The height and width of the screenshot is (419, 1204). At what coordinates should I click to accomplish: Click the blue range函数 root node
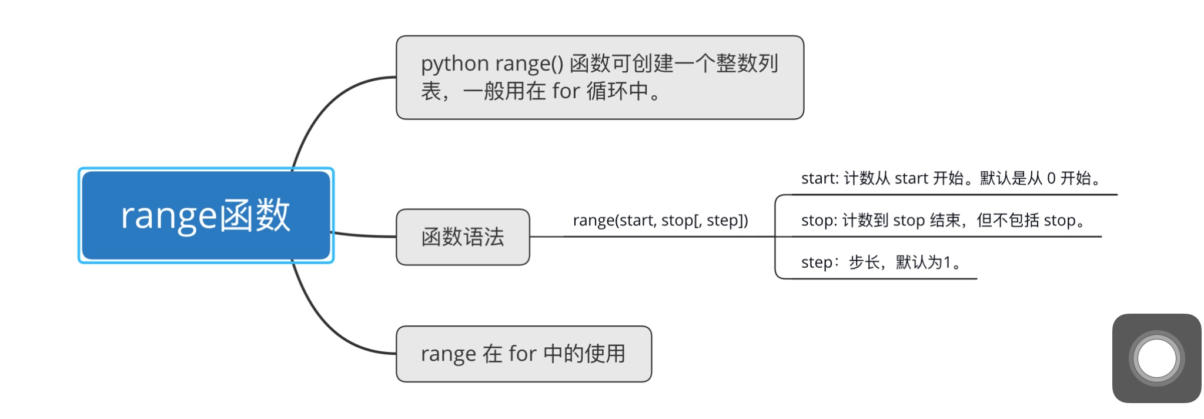pos(206,215)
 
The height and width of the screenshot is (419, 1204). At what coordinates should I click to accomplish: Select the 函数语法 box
pos(463,237)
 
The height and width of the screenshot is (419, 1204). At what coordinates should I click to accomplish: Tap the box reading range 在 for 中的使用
pos(523,354)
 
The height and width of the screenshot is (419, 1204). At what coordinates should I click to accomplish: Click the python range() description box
pos(600,78)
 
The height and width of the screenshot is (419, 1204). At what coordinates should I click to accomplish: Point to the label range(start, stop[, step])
pos(660,221)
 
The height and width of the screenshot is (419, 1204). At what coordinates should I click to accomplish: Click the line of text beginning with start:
pos(951,178)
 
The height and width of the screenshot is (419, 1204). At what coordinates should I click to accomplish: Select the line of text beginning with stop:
pos(943,221)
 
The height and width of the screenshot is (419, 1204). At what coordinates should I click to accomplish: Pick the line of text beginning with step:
pos(882,262)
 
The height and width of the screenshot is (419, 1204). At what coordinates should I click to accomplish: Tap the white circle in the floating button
pos(1156,358)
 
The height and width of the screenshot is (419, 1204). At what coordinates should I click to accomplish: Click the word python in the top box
pos(454,64)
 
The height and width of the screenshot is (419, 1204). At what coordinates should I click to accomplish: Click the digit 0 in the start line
pos(1051,178)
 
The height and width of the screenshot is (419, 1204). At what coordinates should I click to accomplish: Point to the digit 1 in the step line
pos(947,262)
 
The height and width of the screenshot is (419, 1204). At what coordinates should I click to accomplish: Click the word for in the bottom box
pos(522,354)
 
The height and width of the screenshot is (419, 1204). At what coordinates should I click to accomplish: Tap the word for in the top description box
pos(566,91)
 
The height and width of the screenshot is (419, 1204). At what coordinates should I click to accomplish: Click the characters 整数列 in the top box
pos(747,64)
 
